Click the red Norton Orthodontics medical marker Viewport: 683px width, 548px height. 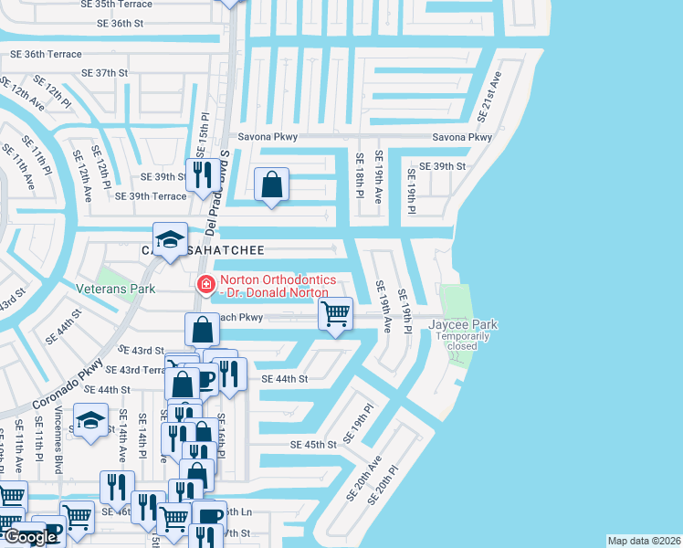point(206,285)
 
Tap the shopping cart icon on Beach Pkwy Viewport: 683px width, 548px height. point(336,314)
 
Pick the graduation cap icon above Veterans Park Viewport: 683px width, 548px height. point(169,239)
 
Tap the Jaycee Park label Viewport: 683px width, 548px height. point(463,324)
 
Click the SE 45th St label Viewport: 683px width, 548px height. point(313,444)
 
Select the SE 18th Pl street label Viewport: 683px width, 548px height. point(359,176)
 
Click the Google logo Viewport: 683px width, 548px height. point(30,537)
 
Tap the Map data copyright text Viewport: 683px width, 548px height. point(645,541)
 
